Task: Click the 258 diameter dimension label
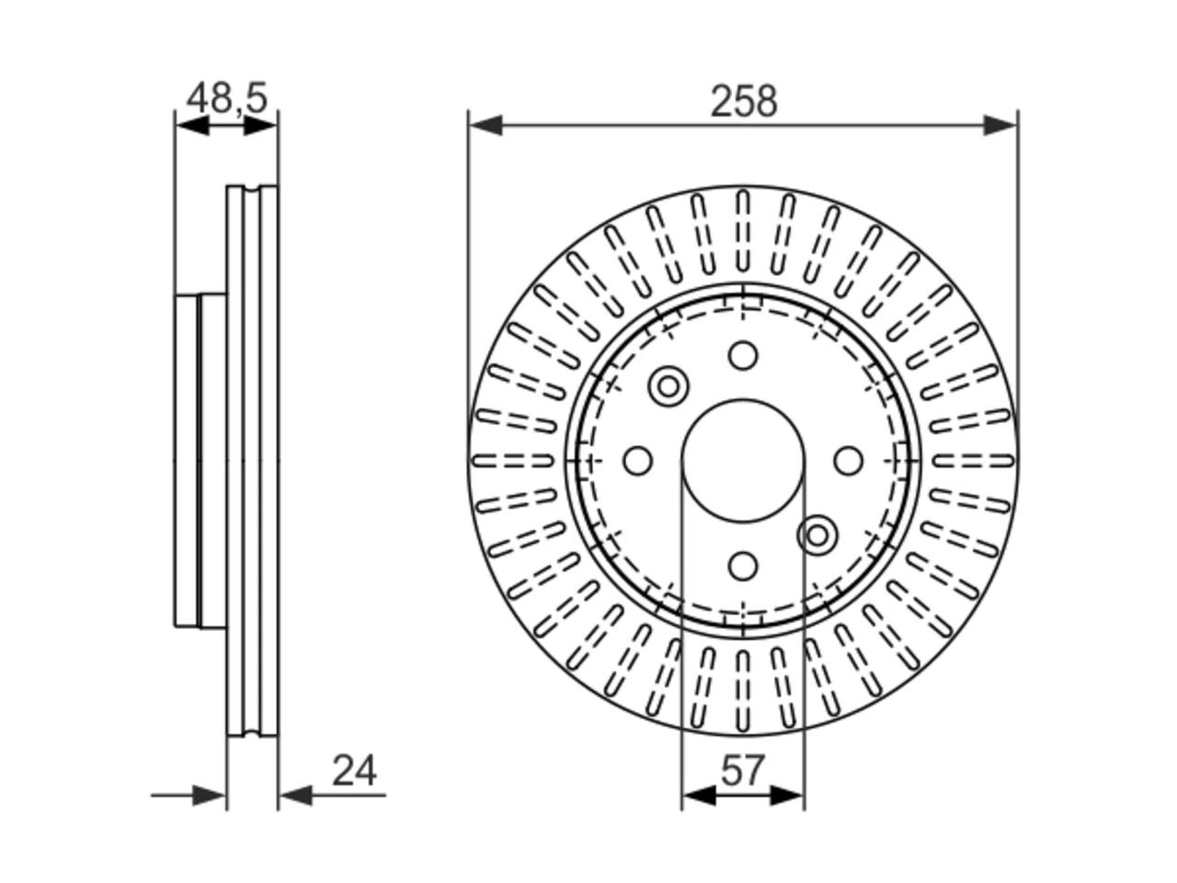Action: tap(743, 101)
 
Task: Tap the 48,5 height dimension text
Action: tap(226, 98)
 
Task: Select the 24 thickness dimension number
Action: tap(354, 771)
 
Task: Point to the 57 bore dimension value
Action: tap(743, 771)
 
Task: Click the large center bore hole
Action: tap(743, 461)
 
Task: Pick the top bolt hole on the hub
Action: tap(743, 355)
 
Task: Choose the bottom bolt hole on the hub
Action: tap(743, 567)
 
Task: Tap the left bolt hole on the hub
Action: tap(638, 461)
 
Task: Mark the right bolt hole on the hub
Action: tap(849, 461)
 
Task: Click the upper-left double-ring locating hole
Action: tap(668, 386)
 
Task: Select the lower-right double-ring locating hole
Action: tap(817, 535)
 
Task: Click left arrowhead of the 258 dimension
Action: tap(486, 125)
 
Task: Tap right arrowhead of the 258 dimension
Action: tap(1000, 125)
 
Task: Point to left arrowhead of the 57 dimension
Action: tap(699, 796)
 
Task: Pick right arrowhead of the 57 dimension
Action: tap(787, 796)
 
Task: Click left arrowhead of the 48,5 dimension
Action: tap(192, 126)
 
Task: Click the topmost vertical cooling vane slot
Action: tap(743, 232)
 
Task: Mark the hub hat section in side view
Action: tap(200, 461)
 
